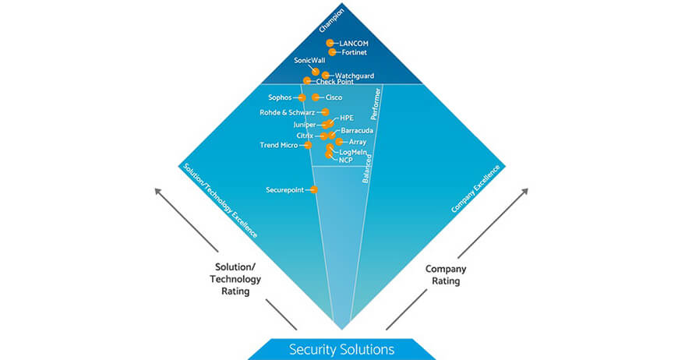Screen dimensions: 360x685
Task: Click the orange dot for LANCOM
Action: tap(330, 43)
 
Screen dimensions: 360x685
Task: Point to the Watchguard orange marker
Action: tap(326, 75)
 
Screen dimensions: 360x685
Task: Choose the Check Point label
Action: tap(334, 82)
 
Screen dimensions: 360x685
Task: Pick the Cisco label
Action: tap(334, 97)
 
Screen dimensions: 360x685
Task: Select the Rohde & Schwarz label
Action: tap(287, 112)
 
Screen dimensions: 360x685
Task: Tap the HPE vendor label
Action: tap(347, 118)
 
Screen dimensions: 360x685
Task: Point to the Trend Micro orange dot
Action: tap(308, 145)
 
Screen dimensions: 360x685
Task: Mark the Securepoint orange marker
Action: tap(314, 189)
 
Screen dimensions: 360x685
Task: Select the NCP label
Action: tap(346, 160)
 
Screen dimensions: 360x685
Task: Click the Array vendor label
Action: tap(358, 142)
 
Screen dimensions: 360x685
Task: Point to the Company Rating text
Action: tap(447, 274)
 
